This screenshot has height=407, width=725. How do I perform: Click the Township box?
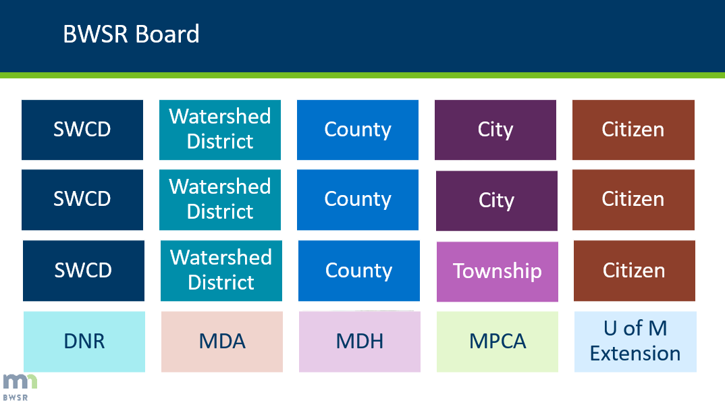coord(497,271)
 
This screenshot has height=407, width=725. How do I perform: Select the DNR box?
coord(84,342)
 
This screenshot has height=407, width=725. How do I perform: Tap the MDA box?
coord(222,342)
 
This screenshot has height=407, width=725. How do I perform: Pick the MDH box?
coord(360,342)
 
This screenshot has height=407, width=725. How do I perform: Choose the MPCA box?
coord(498,342)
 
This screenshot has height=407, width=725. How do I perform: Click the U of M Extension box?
coord(635,342)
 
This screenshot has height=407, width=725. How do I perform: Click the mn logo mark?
coord(19,381)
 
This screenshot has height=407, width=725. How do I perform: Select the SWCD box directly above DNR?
coord(84,271)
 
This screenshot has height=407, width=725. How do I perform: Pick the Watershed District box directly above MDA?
coord(221,271)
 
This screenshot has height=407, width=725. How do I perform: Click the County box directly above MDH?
coord(359,271)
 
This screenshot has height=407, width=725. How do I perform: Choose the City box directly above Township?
coord(497,200)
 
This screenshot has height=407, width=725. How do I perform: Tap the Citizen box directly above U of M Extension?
coord(635,271)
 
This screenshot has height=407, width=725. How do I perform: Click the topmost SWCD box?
coord(82,130)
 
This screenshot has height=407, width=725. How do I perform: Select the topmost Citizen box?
coord(633,130)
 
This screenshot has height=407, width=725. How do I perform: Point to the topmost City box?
coord(495,130)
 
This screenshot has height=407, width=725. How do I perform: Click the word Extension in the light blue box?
coord(635,354)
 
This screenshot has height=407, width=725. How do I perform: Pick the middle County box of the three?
coord(358,200)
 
